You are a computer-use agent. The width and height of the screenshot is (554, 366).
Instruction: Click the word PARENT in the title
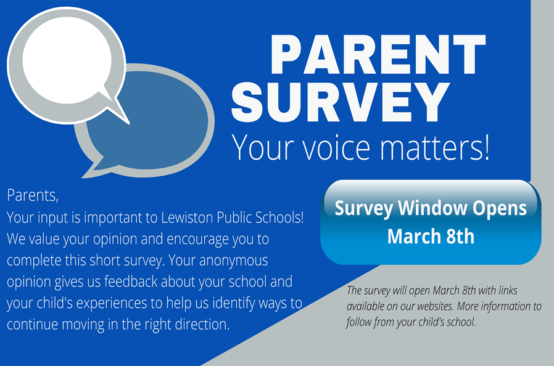[378, 54]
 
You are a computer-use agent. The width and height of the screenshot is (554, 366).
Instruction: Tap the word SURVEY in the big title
[341, 102]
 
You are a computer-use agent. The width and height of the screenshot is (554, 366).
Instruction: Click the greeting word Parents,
[33, 195]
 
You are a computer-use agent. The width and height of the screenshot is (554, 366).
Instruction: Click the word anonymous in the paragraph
[234, 261]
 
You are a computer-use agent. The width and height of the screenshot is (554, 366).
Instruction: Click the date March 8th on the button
[431, 236]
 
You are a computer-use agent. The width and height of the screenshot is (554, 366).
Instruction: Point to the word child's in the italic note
[431, 322]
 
